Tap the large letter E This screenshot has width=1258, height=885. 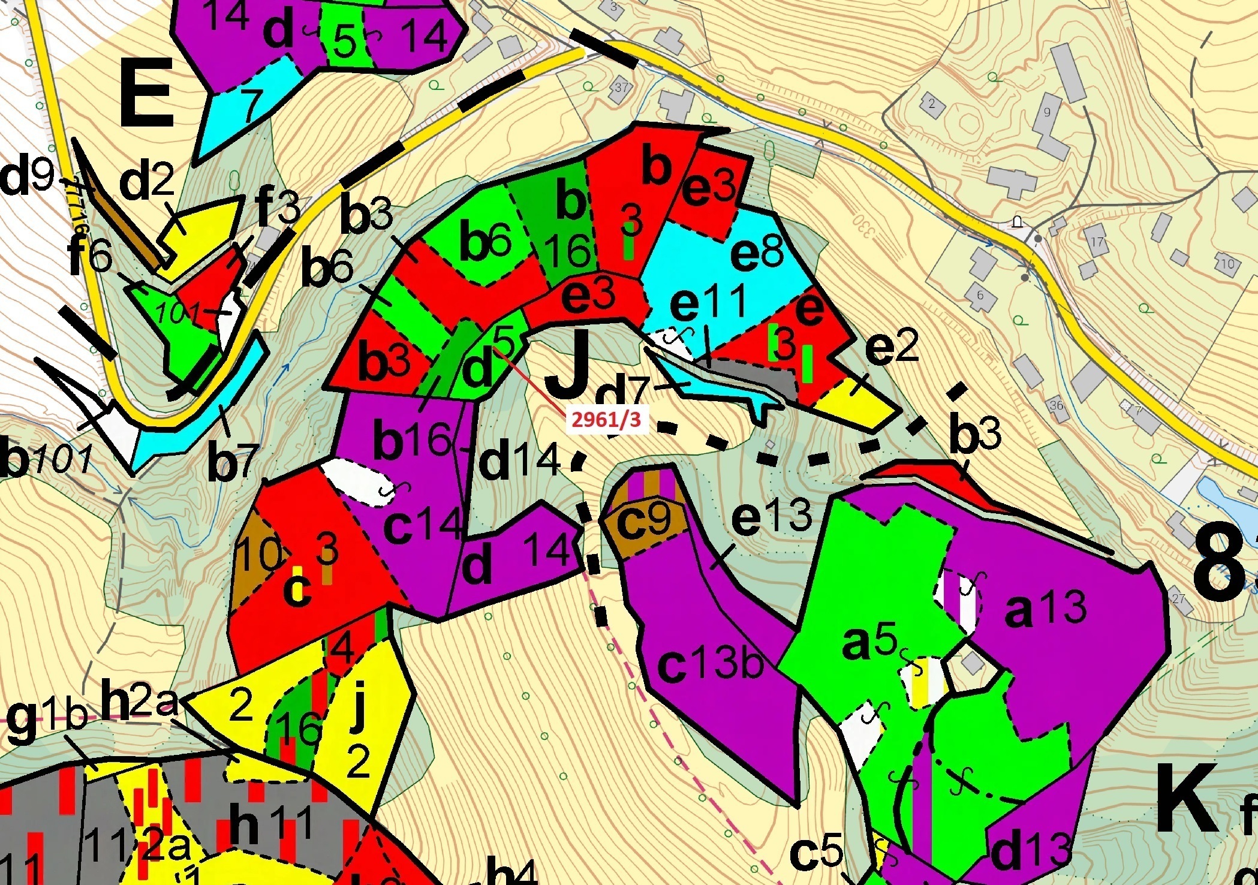tap(147, 96)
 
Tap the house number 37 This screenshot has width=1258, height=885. tap(621, 88)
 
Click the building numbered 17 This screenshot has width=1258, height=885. tap(1097, 243)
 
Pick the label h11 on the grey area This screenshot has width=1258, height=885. tap(270, 824)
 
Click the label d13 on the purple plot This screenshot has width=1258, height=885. tap(1030, 851)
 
